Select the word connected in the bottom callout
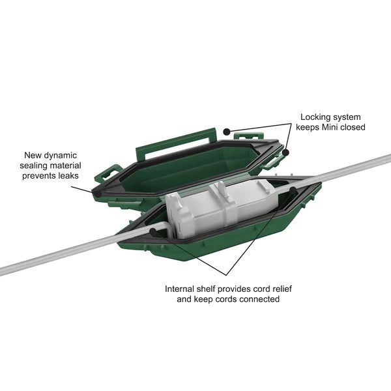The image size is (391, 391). [256, 299]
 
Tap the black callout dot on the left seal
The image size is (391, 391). [96, 193]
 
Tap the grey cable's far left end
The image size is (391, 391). [5, 269]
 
